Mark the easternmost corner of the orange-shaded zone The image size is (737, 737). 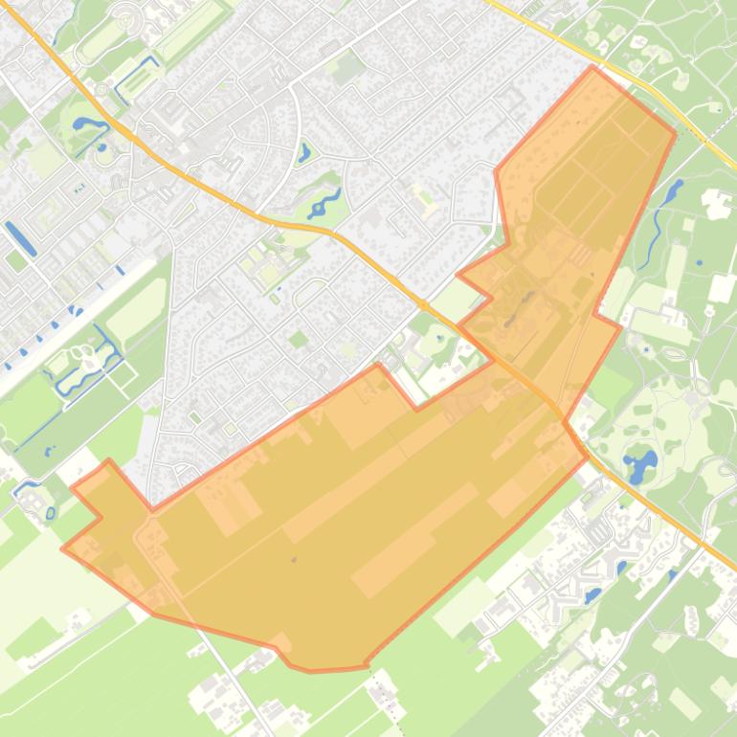point(676,134)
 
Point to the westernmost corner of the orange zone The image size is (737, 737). point(63,548)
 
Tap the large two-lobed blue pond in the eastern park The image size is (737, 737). point(640,464)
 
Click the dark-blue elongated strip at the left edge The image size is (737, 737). point(20,237)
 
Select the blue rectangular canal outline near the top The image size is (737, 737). point(136,80)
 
